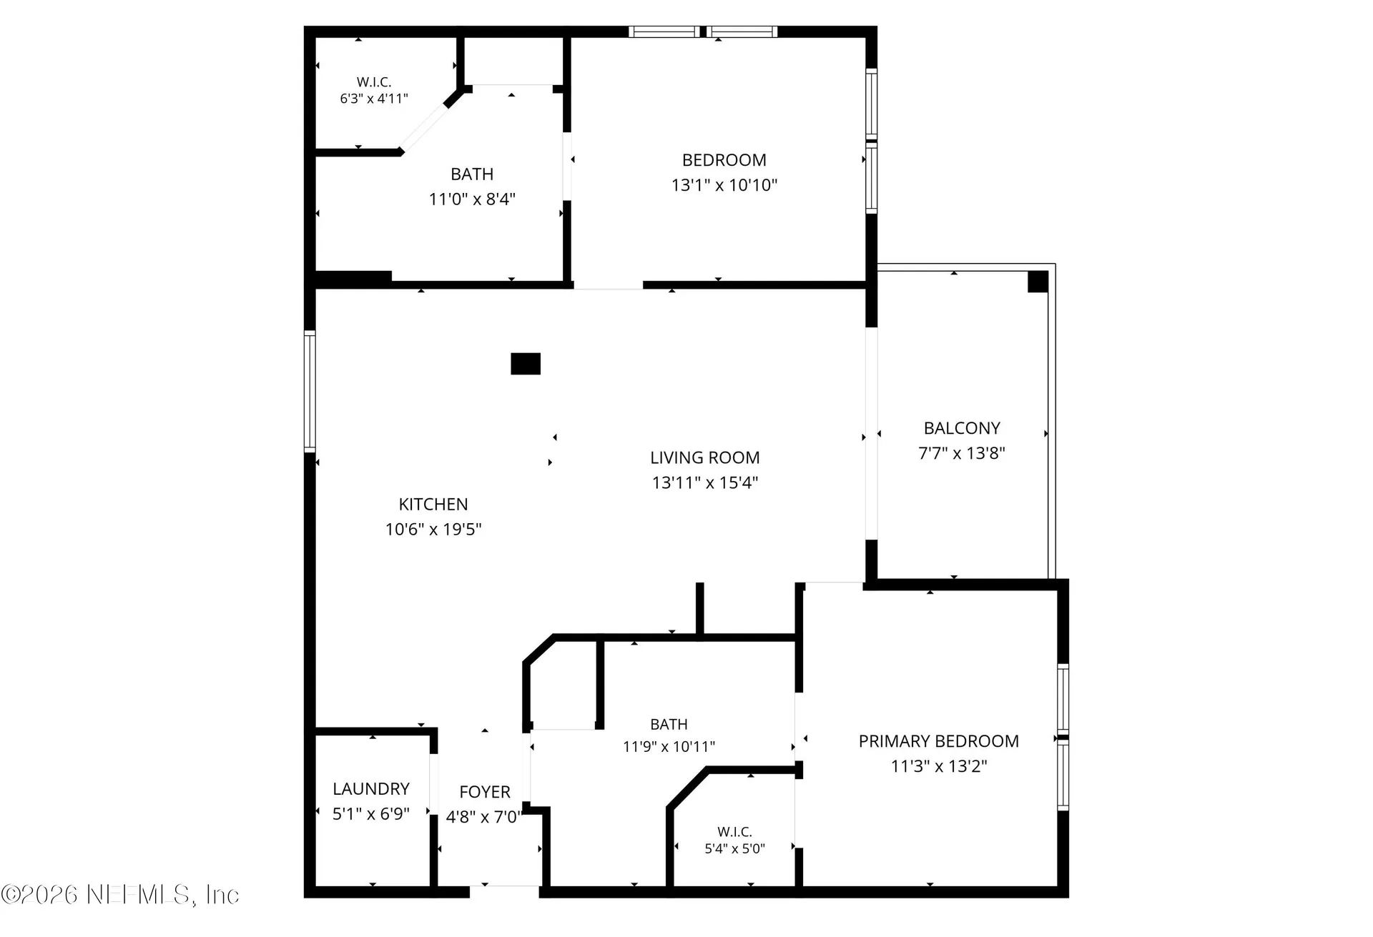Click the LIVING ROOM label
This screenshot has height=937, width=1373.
(704, 457)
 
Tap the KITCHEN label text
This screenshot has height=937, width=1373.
(433, 504)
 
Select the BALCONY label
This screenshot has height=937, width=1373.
(962, 428)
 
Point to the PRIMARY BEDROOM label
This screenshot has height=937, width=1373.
(938, 741)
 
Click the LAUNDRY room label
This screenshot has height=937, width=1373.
(371, 788)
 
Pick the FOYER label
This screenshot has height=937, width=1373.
(485, 792)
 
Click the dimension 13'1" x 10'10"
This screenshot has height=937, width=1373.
(724, 185)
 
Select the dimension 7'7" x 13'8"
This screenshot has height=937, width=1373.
(962, 453)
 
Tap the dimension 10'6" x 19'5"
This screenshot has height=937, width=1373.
(433, 530)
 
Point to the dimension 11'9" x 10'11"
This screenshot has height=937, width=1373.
(669, 747)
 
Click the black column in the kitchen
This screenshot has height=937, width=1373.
(526, 364)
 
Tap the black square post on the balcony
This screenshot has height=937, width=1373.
(1038, 282)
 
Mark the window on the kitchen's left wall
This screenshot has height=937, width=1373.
(310, 391)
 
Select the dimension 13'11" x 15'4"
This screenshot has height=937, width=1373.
(704, 483)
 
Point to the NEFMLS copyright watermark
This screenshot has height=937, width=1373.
(120, 895)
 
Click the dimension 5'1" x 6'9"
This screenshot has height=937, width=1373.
(371, 813)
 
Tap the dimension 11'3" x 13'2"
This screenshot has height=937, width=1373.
(938, 766)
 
